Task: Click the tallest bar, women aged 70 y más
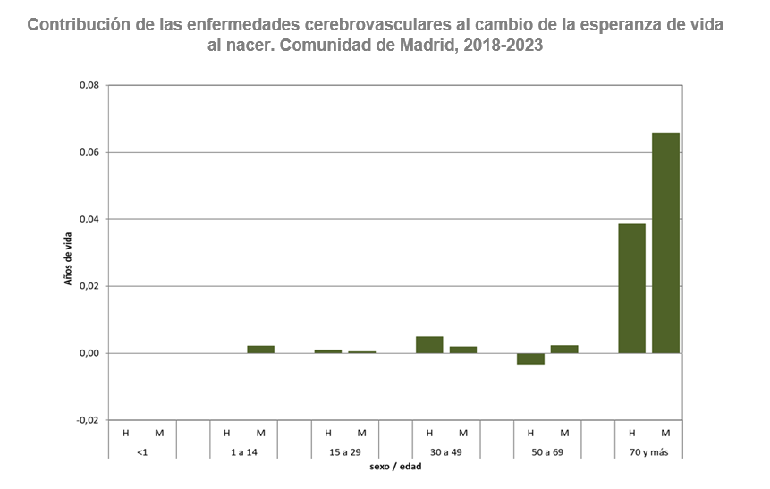[665, 243]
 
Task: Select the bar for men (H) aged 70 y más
[631, 288]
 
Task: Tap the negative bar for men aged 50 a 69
[530, 358]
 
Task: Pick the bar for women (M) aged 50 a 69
[564, 349]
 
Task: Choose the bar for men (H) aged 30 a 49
[429, 344]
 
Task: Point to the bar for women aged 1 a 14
[261, 349]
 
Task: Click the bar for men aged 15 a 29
[328, 351]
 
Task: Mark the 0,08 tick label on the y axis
[87, 86]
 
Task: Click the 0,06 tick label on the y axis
[87, 153]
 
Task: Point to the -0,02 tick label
[86, 420]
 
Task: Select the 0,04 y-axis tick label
[87, 219]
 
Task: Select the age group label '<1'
[142, 452]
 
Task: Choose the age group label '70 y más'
[648, 452]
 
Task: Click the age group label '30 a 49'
[445, 452]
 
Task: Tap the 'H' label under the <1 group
[126, 434]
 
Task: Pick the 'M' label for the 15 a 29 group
[362, 434]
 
